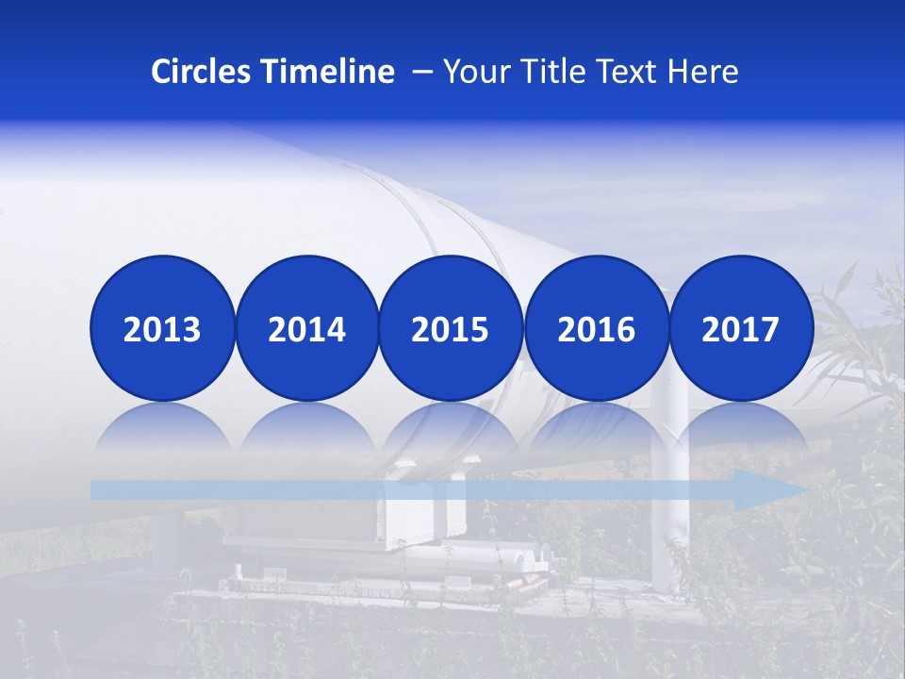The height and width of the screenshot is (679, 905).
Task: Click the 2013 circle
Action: click(x=162, y=328)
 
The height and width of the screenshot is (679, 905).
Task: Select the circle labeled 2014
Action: click(x=307, y=328)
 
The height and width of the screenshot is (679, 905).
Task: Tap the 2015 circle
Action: click(x=451, y=328)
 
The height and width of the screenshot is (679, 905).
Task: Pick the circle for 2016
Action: click(x=596, y=328)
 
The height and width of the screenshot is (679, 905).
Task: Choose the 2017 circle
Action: click(x=741, y=328)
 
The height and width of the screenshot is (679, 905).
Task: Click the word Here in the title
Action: click(x=703, y=72)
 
